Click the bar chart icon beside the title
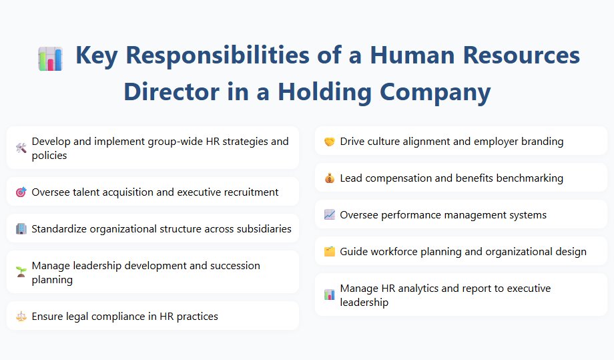[50, 59]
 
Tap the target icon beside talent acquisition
[21, 192]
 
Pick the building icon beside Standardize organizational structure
[21, 229]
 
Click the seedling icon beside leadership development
[21, 273]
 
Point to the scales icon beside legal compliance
[21, 317]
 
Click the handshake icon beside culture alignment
[329, 142]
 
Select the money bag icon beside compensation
[329, 178]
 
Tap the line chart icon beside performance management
[329, 215]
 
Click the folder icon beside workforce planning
[329, 252]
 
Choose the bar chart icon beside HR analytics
[329, 295]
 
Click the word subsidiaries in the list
[260, 229]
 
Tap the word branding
[541, 142]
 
